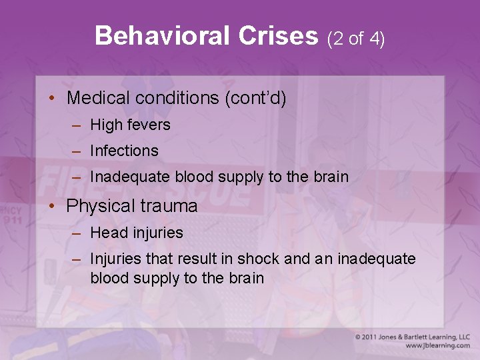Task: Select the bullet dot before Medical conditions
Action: (x=51, y=99)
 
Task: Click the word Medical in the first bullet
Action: (x=98, y=99)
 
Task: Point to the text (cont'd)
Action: (x=255, y=99)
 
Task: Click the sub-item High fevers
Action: (x=130, y=125)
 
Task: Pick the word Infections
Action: (x=124, y=151)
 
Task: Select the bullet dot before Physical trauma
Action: (x=51, y=206)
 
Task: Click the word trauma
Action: (x=169, y=206)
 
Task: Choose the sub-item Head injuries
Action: (x=136, y=233)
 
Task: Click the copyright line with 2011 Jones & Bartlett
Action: (x=413, y=337)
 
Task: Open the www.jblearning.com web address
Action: (x=437, y=345)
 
